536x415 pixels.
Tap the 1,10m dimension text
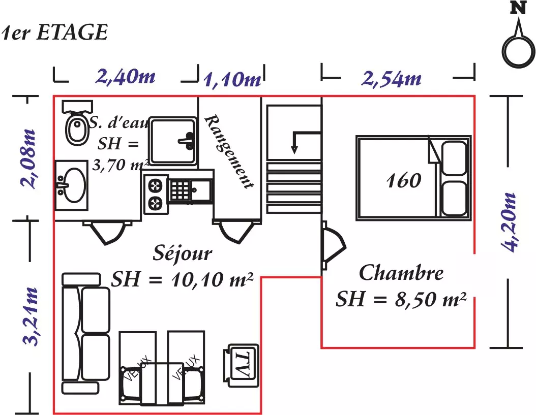pos(232,80)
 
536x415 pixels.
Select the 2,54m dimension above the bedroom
pos(392,79)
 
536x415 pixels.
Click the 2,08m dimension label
pos(28,159)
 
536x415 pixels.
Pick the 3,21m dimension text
pos(29,316)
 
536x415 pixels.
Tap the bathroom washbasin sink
pos(71,185)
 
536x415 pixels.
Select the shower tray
pos(172,141)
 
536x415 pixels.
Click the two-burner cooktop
pos(156,195)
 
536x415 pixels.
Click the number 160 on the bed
pos(403,180)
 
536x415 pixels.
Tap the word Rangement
pos(229,152)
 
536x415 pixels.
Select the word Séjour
pos(182,253)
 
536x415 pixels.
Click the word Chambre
pos(401,273)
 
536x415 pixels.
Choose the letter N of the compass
pos(518,8)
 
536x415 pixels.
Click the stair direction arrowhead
pos(294,150)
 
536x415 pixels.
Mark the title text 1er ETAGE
pos(55,33)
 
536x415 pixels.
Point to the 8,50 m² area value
pos(431,300)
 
